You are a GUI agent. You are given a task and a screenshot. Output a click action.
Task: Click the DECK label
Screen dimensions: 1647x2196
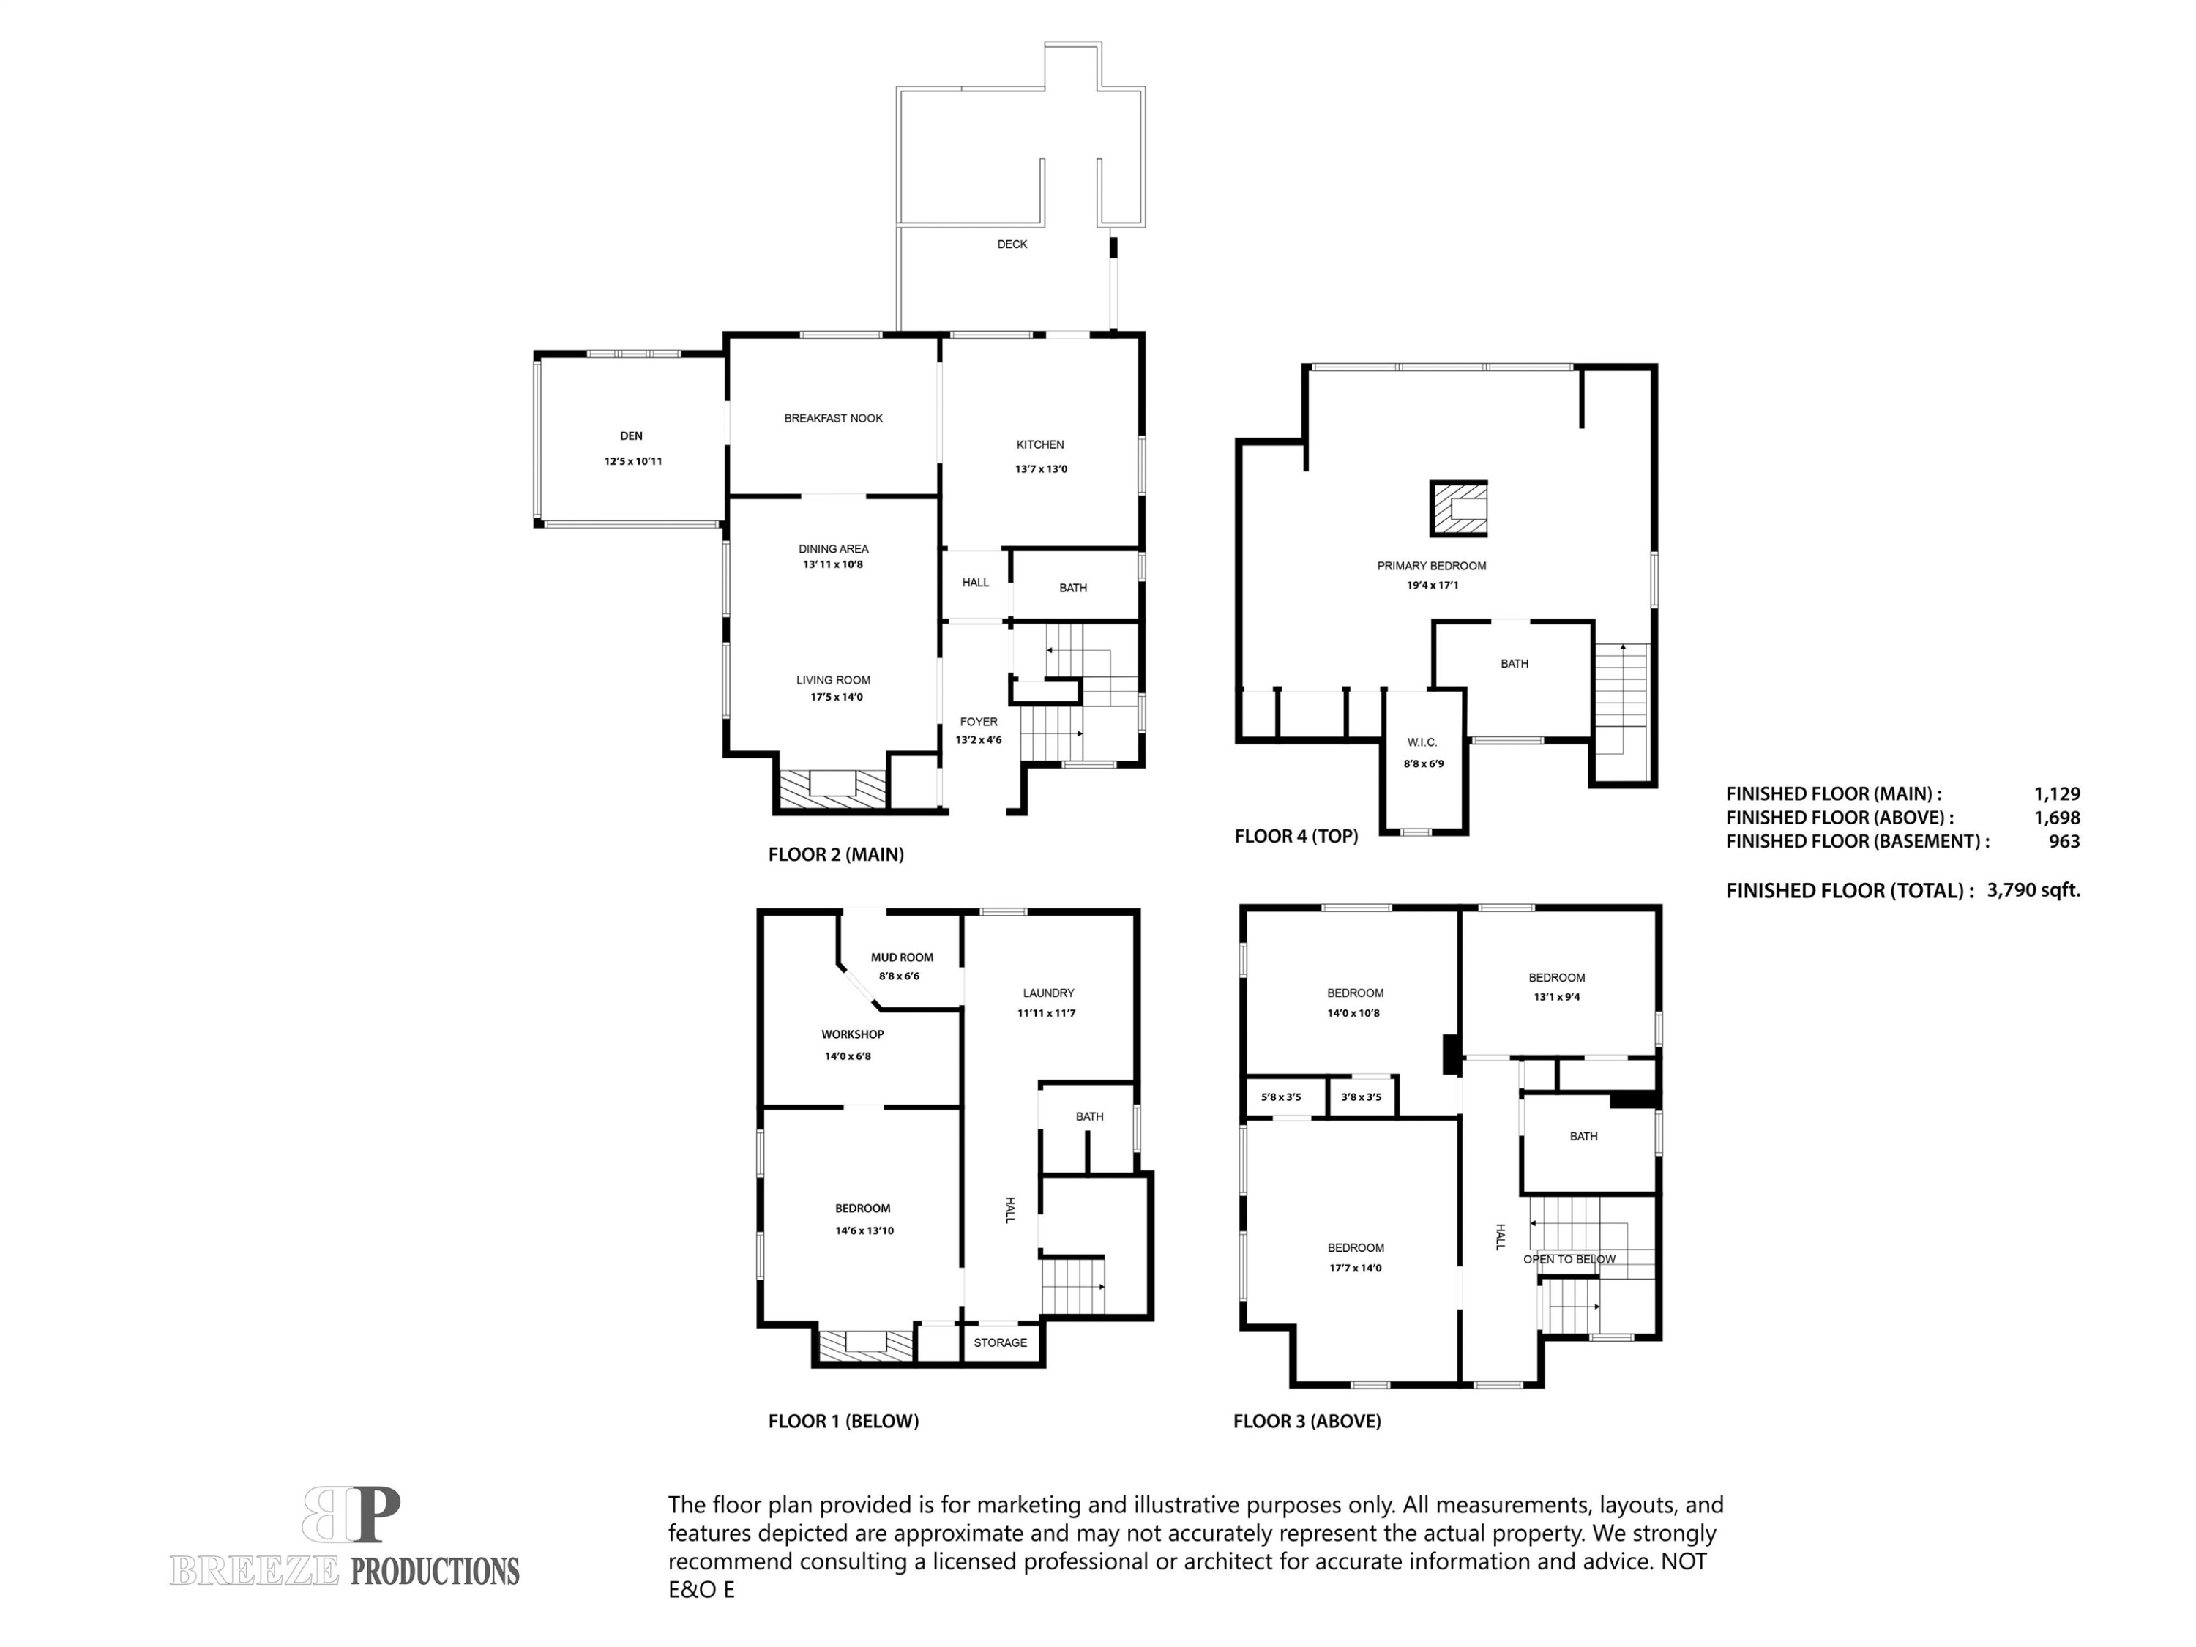click(1012, 244)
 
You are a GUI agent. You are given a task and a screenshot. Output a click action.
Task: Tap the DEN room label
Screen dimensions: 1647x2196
click(632, 436)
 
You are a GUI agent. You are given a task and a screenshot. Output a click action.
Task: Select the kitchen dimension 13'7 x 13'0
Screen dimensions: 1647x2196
click(1040, 470)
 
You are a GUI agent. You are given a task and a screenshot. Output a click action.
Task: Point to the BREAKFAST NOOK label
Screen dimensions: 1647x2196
click(833, 419)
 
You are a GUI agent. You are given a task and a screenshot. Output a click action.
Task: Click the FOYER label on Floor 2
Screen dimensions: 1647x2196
click(978, 722)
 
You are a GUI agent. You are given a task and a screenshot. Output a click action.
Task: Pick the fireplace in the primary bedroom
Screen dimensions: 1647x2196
click(1457, 508)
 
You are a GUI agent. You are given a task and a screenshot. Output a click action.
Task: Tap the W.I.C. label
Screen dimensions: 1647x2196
click(1422, 742)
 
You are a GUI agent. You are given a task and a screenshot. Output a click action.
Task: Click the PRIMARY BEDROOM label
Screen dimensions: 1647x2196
click(1430, 566)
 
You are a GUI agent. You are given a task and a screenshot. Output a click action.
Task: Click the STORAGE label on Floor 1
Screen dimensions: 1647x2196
click(1000, 1343)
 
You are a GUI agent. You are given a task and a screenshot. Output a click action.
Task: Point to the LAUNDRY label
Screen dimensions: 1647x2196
click(1048, 993)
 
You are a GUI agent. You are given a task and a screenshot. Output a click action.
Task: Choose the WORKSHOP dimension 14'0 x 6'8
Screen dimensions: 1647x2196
click(847, 1056)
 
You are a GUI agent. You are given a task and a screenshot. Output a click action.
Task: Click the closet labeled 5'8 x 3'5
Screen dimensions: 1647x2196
click(1281, 1097)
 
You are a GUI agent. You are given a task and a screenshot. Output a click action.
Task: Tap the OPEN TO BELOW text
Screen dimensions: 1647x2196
click(1569, 1260)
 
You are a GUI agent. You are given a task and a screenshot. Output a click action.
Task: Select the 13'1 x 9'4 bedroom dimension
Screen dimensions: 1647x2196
click(1555, 997)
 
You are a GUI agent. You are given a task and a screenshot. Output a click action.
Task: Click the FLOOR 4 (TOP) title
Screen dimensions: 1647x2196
click(1296, 836)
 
